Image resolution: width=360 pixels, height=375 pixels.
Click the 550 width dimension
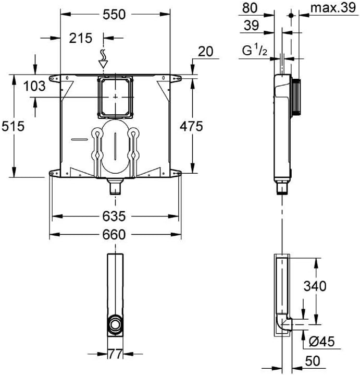point(114,15)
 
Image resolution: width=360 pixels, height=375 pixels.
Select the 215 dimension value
point(81,38)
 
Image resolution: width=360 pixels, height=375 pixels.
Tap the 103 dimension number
point(34,87)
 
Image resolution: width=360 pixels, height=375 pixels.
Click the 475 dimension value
point(192,126)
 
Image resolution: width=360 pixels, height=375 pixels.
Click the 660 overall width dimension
point(114,235)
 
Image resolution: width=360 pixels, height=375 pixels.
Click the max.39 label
point(331,8)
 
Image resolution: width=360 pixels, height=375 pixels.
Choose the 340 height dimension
point(315,286)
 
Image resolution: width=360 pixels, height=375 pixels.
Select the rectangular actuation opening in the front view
point(115,97)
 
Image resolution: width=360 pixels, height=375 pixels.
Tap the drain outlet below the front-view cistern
point(115,186)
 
